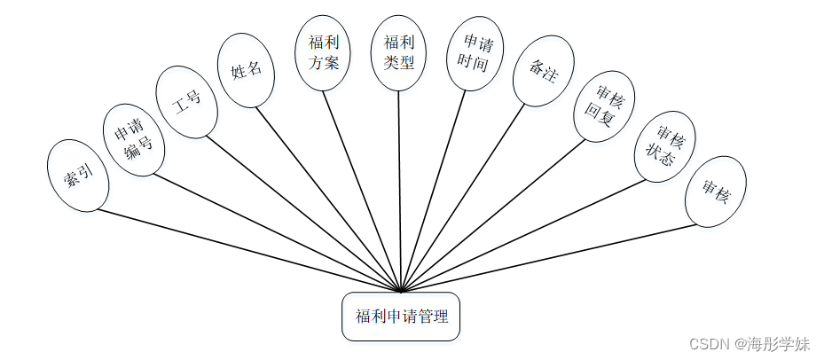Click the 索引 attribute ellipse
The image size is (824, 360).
click(79, 176)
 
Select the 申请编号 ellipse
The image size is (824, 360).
click(133, 140)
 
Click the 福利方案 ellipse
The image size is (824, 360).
click(323, 52)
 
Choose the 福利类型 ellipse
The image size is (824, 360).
click(398, 52)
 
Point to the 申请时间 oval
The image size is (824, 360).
click(474, 53)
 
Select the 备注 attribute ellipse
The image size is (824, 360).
click(543, 71)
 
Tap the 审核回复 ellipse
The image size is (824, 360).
click(604, 106)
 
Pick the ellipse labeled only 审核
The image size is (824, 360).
click(715, 191)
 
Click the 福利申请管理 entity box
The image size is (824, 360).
click(401, 317)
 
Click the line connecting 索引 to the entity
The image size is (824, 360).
click(248, 250)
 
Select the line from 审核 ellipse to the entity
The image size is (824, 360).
click(550, 257)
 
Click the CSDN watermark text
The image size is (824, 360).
click(749, 343)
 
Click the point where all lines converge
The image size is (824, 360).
click(401, 291)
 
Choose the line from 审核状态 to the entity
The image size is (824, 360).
click(523, 236)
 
